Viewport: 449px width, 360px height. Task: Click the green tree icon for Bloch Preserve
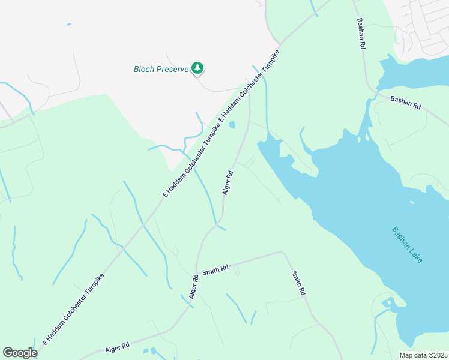coord(197,68)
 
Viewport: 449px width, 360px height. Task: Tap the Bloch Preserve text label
coord(161,69)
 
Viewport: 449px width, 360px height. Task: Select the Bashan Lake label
coord(407,244)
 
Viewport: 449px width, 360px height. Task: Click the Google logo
coord(20,352)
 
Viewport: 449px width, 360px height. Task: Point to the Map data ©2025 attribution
coord(423,355)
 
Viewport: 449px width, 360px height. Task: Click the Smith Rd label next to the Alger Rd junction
coord(215,271)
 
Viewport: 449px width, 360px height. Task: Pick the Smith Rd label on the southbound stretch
coord(298,283)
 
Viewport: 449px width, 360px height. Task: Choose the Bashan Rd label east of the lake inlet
coord(405,103)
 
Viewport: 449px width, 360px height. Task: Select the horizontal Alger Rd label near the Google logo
coord(118,347)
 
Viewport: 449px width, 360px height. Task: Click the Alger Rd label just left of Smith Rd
coord(194,287)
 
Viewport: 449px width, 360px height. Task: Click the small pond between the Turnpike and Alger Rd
coord(232,125)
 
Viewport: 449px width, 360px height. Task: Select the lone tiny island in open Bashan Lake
coord(411,202)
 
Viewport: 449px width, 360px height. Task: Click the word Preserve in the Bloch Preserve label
coord(172,69)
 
